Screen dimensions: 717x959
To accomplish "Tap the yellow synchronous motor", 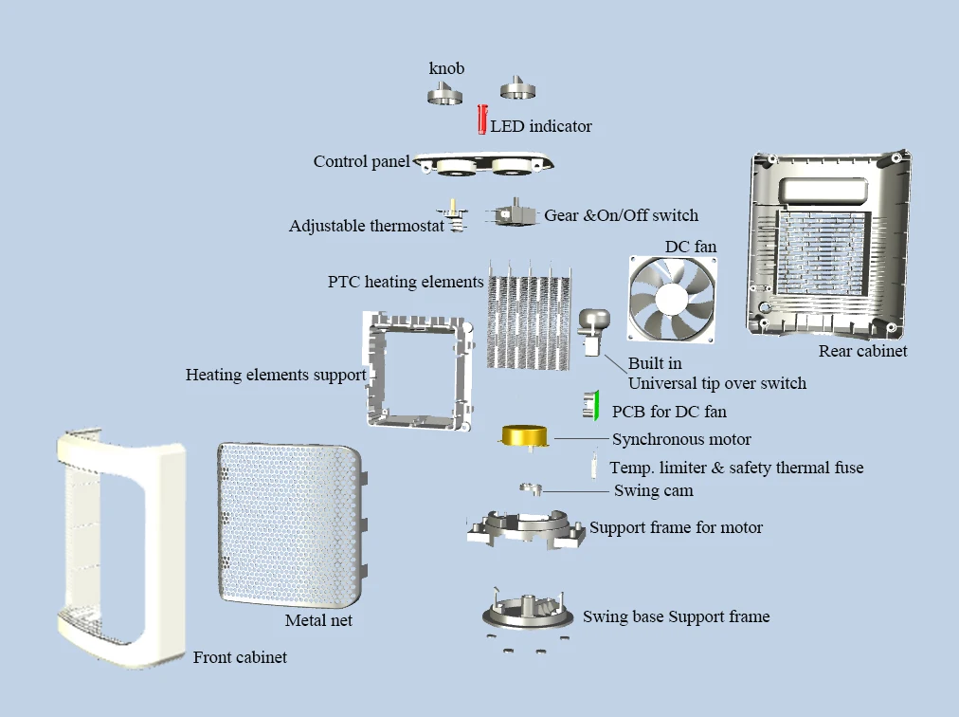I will (x=526, y=436).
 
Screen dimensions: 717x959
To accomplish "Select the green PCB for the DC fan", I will (x=593, y=406).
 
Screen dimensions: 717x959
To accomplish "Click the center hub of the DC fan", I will (x=672, y=298).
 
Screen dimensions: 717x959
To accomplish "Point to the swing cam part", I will (x=530, y=488).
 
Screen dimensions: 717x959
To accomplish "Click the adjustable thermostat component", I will (x=455, y=217).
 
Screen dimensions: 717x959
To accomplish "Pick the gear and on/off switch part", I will (x=512, y=215).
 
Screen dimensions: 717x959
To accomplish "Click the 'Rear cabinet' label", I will (x=862, y=352).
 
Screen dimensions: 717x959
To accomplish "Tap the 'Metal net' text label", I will (x=318, y=621).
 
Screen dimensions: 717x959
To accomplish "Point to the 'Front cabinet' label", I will (x=240, y=657).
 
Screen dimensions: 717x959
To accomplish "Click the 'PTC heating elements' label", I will (x=406, y=282).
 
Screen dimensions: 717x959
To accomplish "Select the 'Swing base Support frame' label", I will (x=676, y=617).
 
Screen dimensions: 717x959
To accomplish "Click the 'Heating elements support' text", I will (x=276, y=376).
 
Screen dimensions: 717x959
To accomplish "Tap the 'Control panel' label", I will (x=361, y=161).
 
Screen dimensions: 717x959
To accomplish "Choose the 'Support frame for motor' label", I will (x=676, y=527).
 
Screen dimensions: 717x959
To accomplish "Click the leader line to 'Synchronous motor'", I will (x=580, y=439).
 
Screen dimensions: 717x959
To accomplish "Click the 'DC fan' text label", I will (x=690, y=247).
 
